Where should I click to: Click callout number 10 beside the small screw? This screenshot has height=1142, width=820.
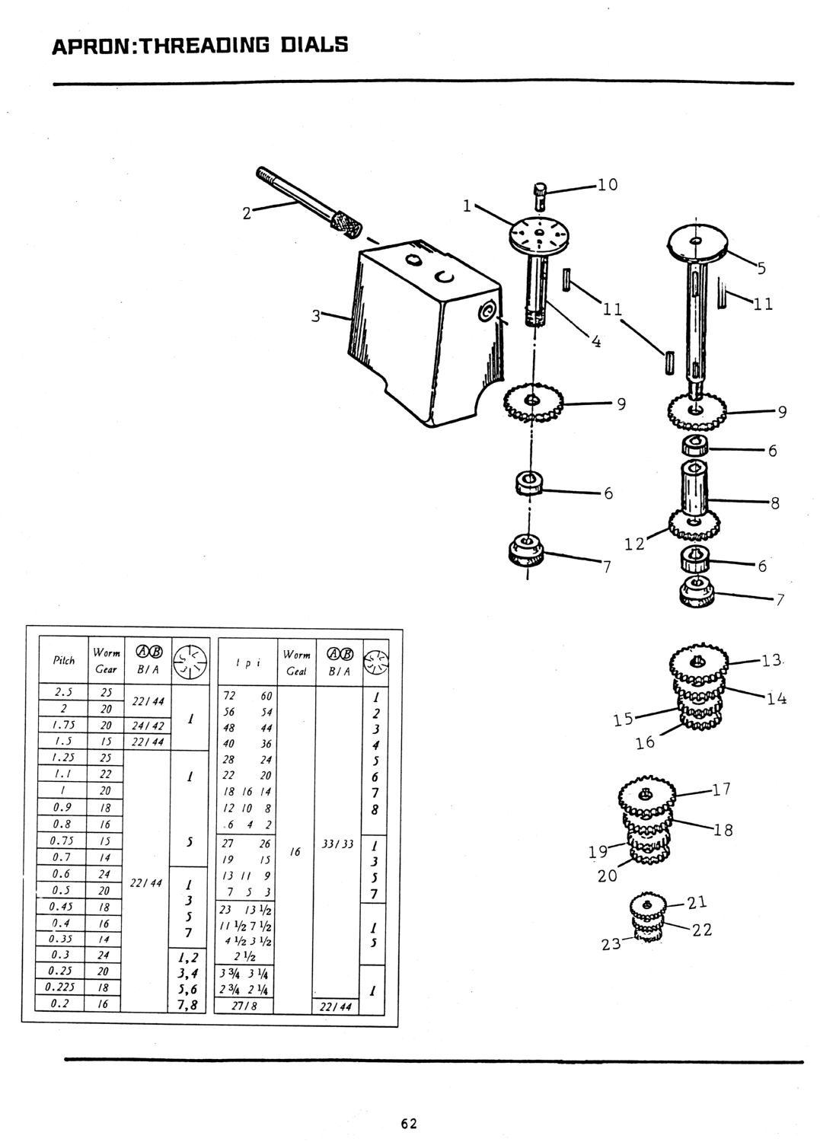(607, 185)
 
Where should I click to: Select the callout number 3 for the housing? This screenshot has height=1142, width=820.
(316, 314)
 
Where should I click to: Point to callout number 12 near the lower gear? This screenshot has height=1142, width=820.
(633, 543)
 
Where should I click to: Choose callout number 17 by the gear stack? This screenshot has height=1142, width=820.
(721, 790)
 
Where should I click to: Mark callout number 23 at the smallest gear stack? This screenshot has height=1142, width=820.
(611, 945)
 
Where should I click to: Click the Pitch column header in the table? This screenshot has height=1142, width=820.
(64, 660)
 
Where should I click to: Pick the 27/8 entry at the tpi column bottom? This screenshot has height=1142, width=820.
(245, 1005)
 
